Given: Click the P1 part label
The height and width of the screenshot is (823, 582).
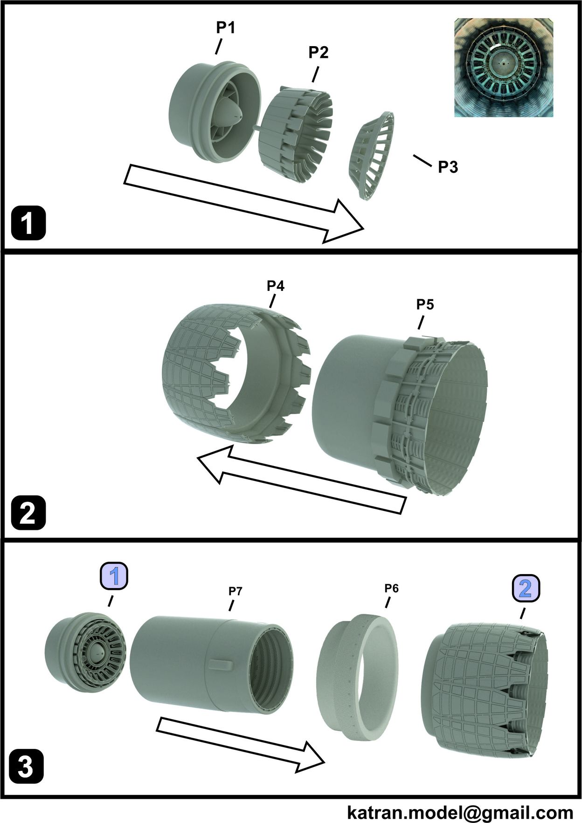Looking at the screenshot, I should tap(225, 28).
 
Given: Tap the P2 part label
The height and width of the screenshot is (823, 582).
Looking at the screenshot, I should tap(319, 52).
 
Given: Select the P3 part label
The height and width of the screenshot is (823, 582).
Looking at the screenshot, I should tap(448, 167).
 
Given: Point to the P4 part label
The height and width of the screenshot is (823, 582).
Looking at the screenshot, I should tap(276, 286).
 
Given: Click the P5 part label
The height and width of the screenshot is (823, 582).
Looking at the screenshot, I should tap(425, 304).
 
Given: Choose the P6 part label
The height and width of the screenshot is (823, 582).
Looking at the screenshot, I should tap(391, 589).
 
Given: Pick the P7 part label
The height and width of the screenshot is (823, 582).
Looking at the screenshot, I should tap(235, 591).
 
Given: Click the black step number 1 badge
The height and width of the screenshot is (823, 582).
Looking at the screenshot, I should tap(28, 224).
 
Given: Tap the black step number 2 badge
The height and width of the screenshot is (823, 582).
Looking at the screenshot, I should tap(28, 513).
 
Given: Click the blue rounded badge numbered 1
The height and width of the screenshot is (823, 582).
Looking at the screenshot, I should tap(114, 576).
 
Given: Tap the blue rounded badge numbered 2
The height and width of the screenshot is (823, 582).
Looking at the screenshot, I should tap(526, 589).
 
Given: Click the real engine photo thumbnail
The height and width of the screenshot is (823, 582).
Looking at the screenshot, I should tap(504, 68).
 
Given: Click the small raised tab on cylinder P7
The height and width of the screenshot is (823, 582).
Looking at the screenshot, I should tap(221, 665).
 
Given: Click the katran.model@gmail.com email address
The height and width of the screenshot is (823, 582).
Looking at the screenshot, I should tap(460, 812).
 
